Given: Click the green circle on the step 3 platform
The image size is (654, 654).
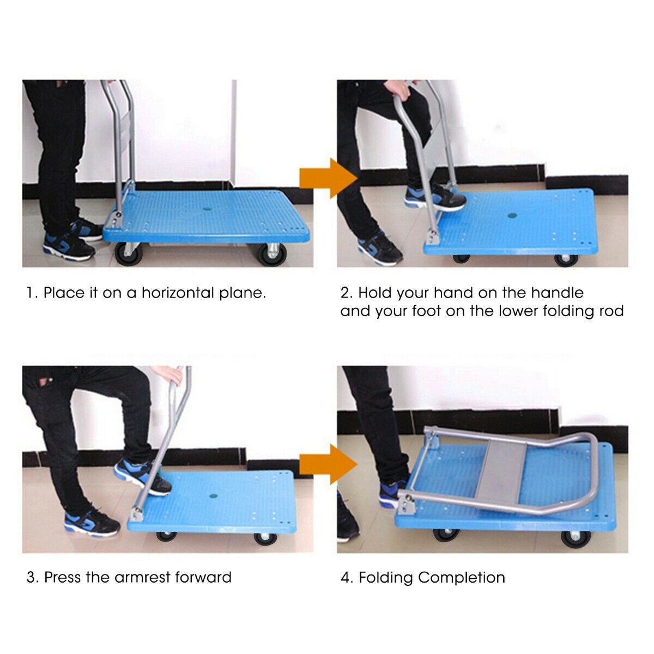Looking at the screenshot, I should [x=211, y=496].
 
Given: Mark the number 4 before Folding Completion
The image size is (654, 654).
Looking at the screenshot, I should [x=346, y=578].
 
